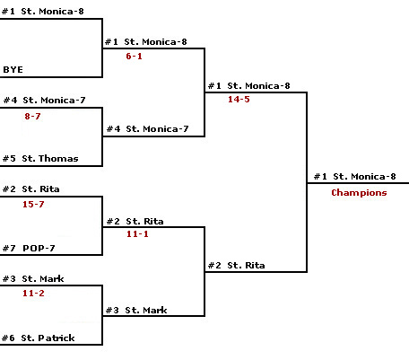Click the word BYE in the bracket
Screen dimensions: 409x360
pyautogui.click(x=13, y=70)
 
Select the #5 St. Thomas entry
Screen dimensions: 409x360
pyautogui.click(x=40, y=158)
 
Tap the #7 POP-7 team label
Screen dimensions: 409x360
pyautogui.click(x=29, y=248)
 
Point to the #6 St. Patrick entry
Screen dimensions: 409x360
pyautogui.click(x=39, y=338)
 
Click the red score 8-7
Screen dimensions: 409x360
pyautogui.click(x=32, y=116)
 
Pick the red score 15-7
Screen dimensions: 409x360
pyautogui.click(x=33, y=205)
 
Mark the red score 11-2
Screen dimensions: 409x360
pyautogui.click(x=33, y=293)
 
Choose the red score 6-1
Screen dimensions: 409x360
pyautogui.click(x=134, y=56)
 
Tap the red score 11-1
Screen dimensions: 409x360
pyautogui.click(x=137, y=233)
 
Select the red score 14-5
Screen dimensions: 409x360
pyautogui.click(x=239, y=100)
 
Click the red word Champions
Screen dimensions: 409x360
pyautogui.click(x=359, y=193)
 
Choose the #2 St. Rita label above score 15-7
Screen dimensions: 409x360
pyautogui.click(x=31, y=189)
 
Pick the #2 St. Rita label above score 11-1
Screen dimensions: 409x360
pyautogui.click(x=135, y=222)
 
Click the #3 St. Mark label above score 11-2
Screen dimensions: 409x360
pyautogui.click(x=33, y=279)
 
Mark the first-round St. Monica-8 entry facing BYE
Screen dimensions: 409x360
pyautogui.click(x=43, y=12)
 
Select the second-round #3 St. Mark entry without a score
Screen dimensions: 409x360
pyautogui.click(x=136, y=311)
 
